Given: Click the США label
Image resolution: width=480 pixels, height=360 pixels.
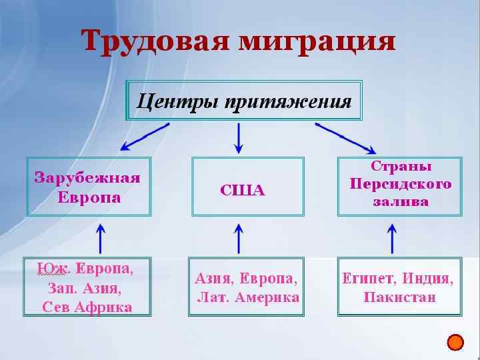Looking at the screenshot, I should pyautogui.click(x=243, y=191).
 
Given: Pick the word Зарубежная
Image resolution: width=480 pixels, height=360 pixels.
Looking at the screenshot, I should pyautogui.click(x=87, y=178).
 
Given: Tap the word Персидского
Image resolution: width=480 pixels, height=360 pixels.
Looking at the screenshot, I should pyautogui.click(x=401, y=183).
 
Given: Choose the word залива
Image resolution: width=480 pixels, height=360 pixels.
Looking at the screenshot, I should pyautogui.click(x=401, y=201).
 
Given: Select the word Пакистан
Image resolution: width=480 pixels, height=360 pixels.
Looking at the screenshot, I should pyautogui.click(x=399, y=297).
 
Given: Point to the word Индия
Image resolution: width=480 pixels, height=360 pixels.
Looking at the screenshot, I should pyautogui.click(x=430, y=278).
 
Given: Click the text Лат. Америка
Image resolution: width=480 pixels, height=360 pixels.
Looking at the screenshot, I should pyautogui.click(x=248, y=297).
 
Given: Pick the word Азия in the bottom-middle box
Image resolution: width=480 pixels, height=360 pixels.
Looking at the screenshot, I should pyautogui.click(x=212, y=277).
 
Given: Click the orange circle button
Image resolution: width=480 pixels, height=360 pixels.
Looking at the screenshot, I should pyautogui.click(x=455, y=343).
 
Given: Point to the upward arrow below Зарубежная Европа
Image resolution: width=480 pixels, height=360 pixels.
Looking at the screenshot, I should pyautogui.click(x=101, y=238).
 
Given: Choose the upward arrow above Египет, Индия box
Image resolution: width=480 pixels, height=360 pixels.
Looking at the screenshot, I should pyautogui.click(x=392, y=238).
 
